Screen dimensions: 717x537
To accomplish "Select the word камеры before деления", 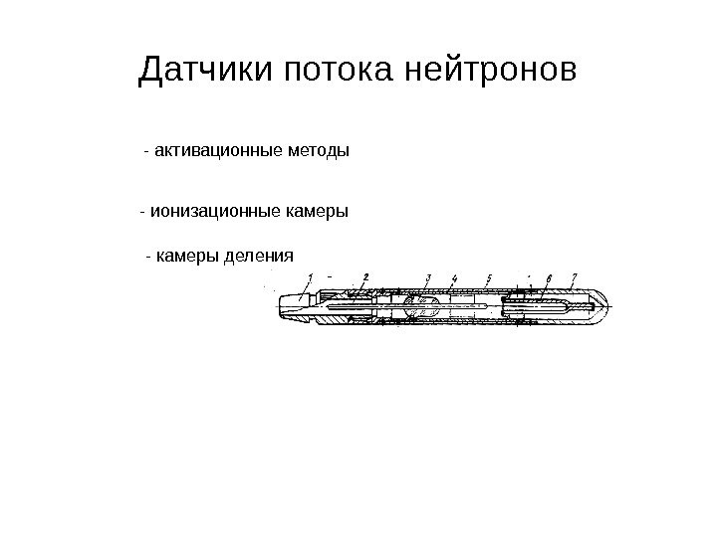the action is point(188,256).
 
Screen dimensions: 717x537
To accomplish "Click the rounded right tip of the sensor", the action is point(597,308).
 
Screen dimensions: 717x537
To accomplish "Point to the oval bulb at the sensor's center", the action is point(423,308).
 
